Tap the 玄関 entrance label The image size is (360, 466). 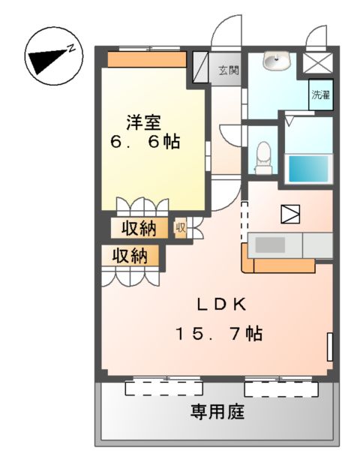point(229,71)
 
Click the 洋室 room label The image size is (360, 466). point(143,121)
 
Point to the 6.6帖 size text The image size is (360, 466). point(147,141)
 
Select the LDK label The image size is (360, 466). point(222,304)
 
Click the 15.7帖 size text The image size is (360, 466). point(219,332)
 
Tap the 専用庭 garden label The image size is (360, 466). point(217,412)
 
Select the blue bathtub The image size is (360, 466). point(309,169)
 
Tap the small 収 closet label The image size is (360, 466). point(181,227)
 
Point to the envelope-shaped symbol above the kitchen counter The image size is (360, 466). point(290,214)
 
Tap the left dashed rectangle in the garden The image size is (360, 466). point(163,388)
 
